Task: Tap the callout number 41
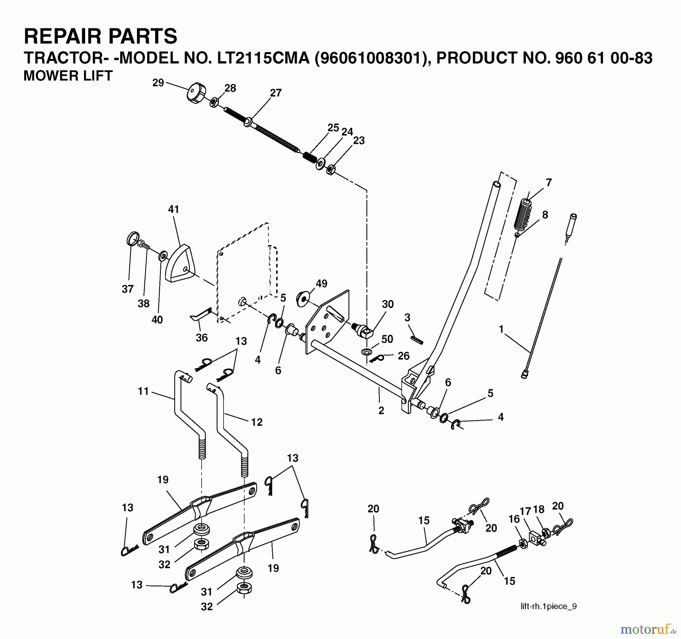click(173, 209)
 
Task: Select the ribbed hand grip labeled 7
click(522, 214)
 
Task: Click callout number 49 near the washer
click(322, 284)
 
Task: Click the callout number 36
click(202, 337)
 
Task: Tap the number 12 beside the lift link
click(257, 422)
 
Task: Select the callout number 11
click(143, 391)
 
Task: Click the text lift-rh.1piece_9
click(549, 606)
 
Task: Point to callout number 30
click(388, 304)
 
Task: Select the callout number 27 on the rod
click(276, 93)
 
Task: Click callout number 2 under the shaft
click(381, 410)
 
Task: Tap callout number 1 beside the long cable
click(501, 329)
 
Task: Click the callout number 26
click(404, 356)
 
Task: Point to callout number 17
click(526, 512)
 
